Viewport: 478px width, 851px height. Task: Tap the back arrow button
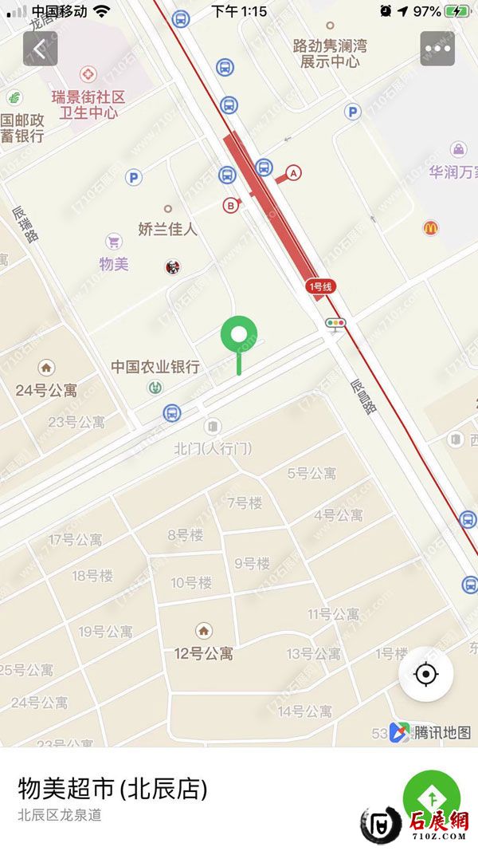click(x=40, y=48)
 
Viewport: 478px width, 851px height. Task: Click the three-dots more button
click(x=437, y=48)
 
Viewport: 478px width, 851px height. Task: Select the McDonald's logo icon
click(x=431, y=228)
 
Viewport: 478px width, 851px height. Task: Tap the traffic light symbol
click(x=335, y=323)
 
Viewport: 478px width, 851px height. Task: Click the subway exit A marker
click(x=294, y=172)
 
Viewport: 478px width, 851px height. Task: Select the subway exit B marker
click(x=231, y=205)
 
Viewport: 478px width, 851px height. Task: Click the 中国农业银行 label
click(x=155, y=367)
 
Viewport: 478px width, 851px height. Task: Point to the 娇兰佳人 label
click(x=167, y=229)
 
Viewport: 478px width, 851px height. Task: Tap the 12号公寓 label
click(x=204, y=653)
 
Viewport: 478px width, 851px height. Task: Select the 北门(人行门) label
click(x=213, y=449)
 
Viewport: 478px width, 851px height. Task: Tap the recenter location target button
click(x=426, y=675)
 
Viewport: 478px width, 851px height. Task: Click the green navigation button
click(x=431, y=798)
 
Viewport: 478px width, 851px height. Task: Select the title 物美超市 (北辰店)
click(x=112, y=789)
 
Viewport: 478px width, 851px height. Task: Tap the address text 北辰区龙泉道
click(x=60, y=815)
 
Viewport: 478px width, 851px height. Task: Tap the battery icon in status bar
click(x=457, y=11)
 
